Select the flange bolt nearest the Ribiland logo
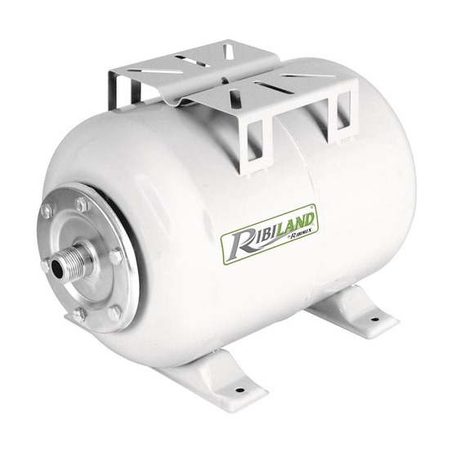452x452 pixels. tap(117, 256)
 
